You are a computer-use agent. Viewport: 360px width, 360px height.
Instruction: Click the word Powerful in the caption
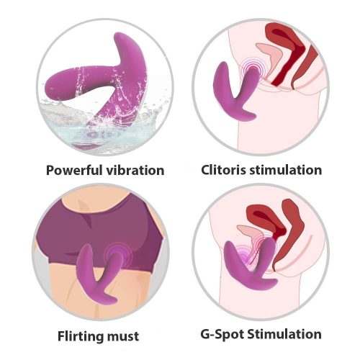pyautogui.click(x=74, y=171)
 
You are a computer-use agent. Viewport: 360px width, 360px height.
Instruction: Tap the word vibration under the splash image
pyautogui.click(x=135, y=170)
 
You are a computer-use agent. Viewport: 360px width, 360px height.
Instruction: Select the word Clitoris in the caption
pyautogui.click(x=223, y=170)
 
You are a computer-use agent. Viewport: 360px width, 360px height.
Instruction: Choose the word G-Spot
pyautogui.click(x=222, y=334)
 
